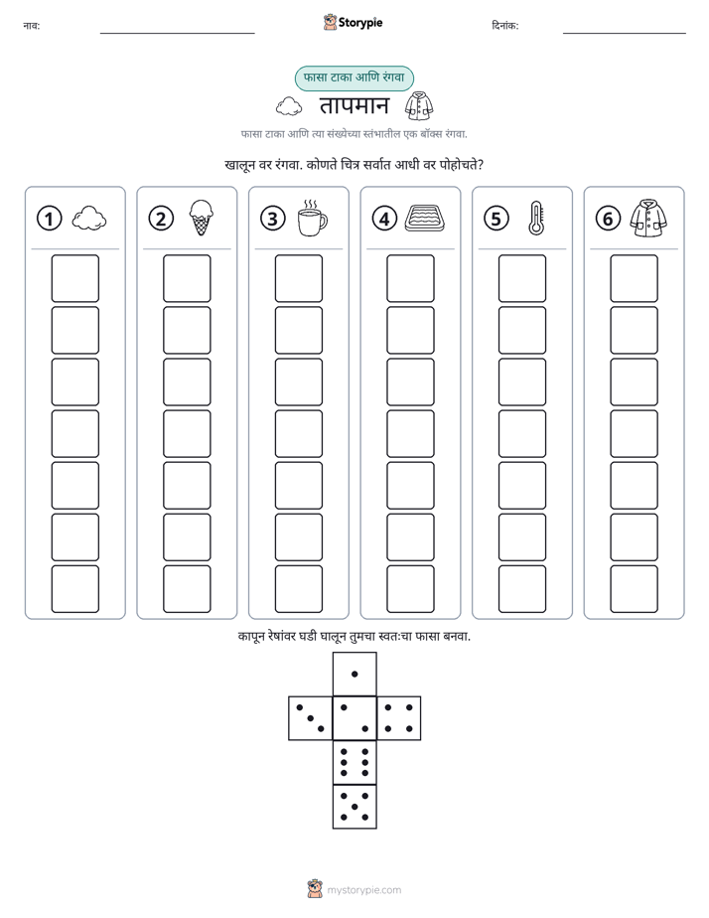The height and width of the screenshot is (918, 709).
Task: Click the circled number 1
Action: coord(49,219)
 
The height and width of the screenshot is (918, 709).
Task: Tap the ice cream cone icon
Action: coord(202,218)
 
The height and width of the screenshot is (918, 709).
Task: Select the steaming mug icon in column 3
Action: coord(312,218)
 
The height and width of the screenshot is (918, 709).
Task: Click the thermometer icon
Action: coord(536,219)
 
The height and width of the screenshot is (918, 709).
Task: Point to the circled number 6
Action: coord(608,219)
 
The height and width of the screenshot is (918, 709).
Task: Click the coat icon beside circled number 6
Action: coord(648,219)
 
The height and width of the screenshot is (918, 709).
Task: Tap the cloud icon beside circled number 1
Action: coord(89,219)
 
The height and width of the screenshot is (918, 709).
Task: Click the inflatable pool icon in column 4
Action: coord(425,218)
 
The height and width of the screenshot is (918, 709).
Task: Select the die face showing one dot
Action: coord(354,674)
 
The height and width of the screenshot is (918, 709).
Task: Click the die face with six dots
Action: coord(354,762)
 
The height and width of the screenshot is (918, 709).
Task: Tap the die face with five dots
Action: coord(354,807)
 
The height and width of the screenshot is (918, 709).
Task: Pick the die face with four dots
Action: coord(399,718)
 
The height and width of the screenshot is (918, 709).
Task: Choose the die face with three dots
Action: coord(310,718)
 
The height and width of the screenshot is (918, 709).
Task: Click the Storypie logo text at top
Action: coord(360,23)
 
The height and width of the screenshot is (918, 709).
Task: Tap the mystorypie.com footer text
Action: coord(363,890)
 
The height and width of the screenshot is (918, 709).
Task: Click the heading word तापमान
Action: coord(354,106)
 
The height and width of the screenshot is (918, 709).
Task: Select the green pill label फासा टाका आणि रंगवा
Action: coord(354,77)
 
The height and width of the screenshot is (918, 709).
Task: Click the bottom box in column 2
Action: coord(187,589)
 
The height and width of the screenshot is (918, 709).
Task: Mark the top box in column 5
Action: coord(522,278)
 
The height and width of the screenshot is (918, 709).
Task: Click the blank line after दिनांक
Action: coord(625,34)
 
